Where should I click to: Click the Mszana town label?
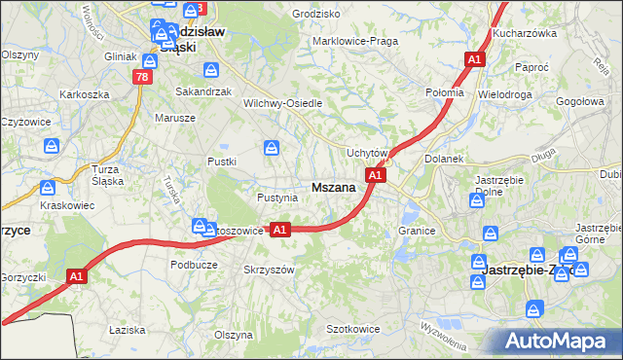pos(332,188)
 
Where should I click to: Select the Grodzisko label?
pos(315,15)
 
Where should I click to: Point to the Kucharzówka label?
pos(523,32)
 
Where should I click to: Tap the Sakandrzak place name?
pos(202,90)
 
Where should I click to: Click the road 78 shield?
pos(143,77)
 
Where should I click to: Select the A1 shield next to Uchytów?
pos(377,175)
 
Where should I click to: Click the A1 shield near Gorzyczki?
pos(78,277)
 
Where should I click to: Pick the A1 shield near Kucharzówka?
pos(474,60)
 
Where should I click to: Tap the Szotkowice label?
pos(352,329)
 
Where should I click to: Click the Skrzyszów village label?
pos(269,269)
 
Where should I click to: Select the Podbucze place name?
pos(193,265)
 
